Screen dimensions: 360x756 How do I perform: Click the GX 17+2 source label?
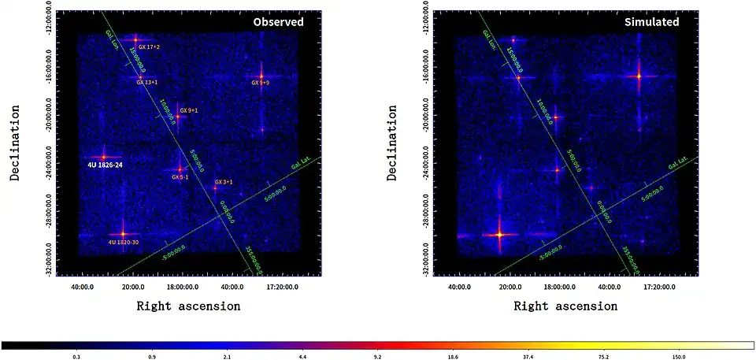click(x=149, y=47)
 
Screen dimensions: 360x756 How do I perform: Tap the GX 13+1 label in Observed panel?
click(x=147, y=82)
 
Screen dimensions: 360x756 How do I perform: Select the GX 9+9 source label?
click(x=261, y=83)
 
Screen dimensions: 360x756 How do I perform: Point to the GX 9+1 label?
click(x=188, y=110)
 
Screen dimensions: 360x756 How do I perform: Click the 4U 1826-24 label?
click(x=105, y=165)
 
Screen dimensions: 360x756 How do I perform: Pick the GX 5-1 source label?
click(x=180, y=177)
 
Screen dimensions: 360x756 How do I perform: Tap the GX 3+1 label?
click(x=224, y=182)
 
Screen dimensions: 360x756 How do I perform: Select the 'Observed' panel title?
click(x=278, y=22)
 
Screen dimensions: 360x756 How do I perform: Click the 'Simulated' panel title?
click(x=651, y=22)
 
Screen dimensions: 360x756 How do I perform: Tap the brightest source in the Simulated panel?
click(x=499, y=234)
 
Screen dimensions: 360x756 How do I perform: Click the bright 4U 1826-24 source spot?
click(x=103, y=157)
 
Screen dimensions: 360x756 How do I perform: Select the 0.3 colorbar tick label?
click(x=76, y=357)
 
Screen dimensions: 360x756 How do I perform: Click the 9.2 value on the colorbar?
click(x=377, y=357)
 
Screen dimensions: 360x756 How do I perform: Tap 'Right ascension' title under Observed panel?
click(x=188, y=306)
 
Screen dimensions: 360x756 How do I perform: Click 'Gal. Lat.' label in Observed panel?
click(x=299, y=166)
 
